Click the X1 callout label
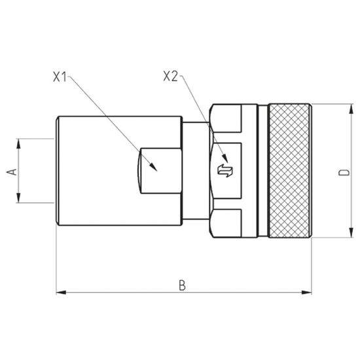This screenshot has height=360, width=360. tap(60, 77)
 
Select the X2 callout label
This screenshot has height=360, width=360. tap(170, 76)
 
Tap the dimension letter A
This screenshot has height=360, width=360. tap(12, 171)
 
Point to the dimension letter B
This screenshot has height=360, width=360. tap(183, 285)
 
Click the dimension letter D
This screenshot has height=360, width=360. tap(344, 172)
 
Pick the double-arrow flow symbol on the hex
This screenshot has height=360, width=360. tap(225, 171)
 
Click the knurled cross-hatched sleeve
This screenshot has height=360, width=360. tap(290, 171)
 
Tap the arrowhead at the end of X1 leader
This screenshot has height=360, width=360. tap(153, 167)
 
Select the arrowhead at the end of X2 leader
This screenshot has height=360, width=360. tap(225, 158)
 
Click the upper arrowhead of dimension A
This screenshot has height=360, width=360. tap(18, 143)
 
